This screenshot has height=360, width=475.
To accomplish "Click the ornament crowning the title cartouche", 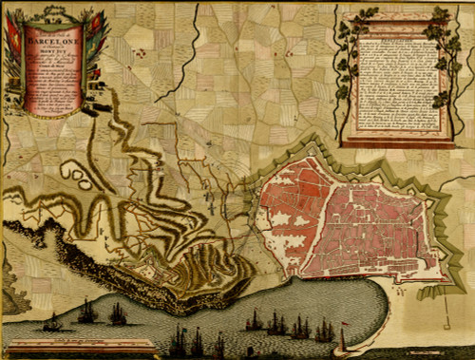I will [57, 9].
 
